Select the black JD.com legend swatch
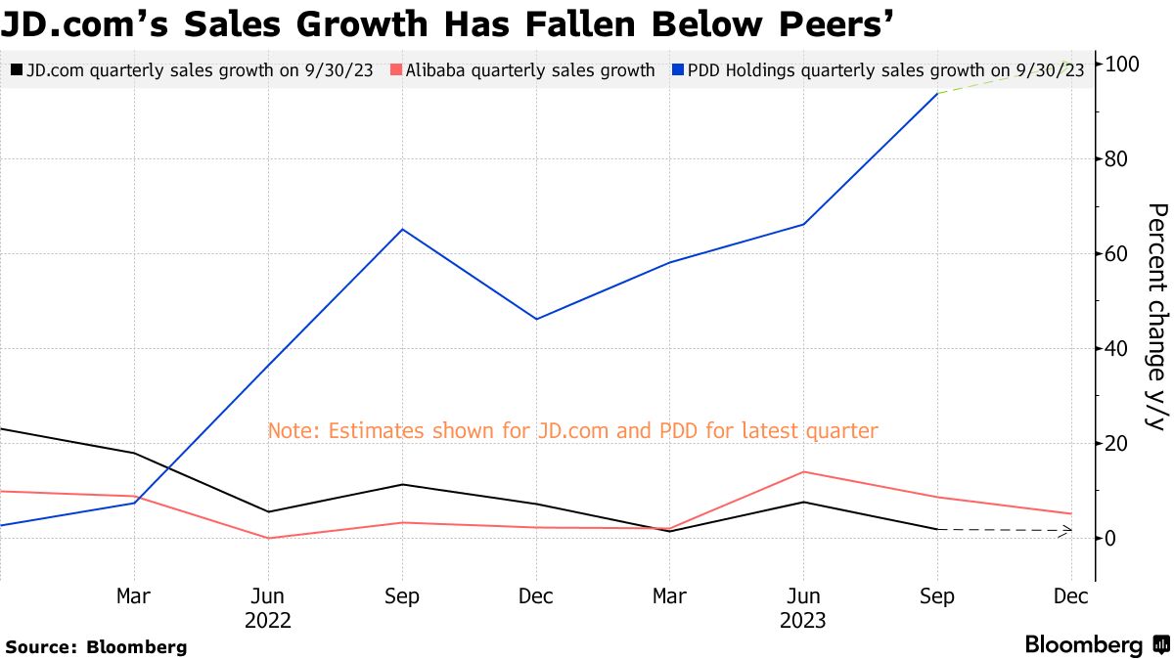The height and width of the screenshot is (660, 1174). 16,70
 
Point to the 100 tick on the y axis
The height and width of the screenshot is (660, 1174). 1120,65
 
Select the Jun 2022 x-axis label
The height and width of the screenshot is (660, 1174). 267,608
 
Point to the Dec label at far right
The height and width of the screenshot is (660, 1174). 1071,596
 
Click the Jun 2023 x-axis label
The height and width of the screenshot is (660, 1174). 803,608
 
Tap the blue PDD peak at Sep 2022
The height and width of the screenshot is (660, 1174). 402,230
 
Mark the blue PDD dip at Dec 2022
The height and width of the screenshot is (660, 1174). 536,319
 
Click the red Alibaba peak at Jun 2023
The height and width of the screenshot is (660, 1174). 803,472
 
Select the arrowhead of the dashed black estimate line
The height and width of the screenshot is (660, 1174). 1068,531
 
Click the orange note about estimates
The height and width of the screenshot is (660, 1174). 572,430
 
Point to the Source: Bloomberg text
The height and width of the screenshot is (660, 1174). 96,646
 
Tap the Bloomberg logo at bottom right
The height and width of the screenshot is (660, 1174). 1096,645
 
